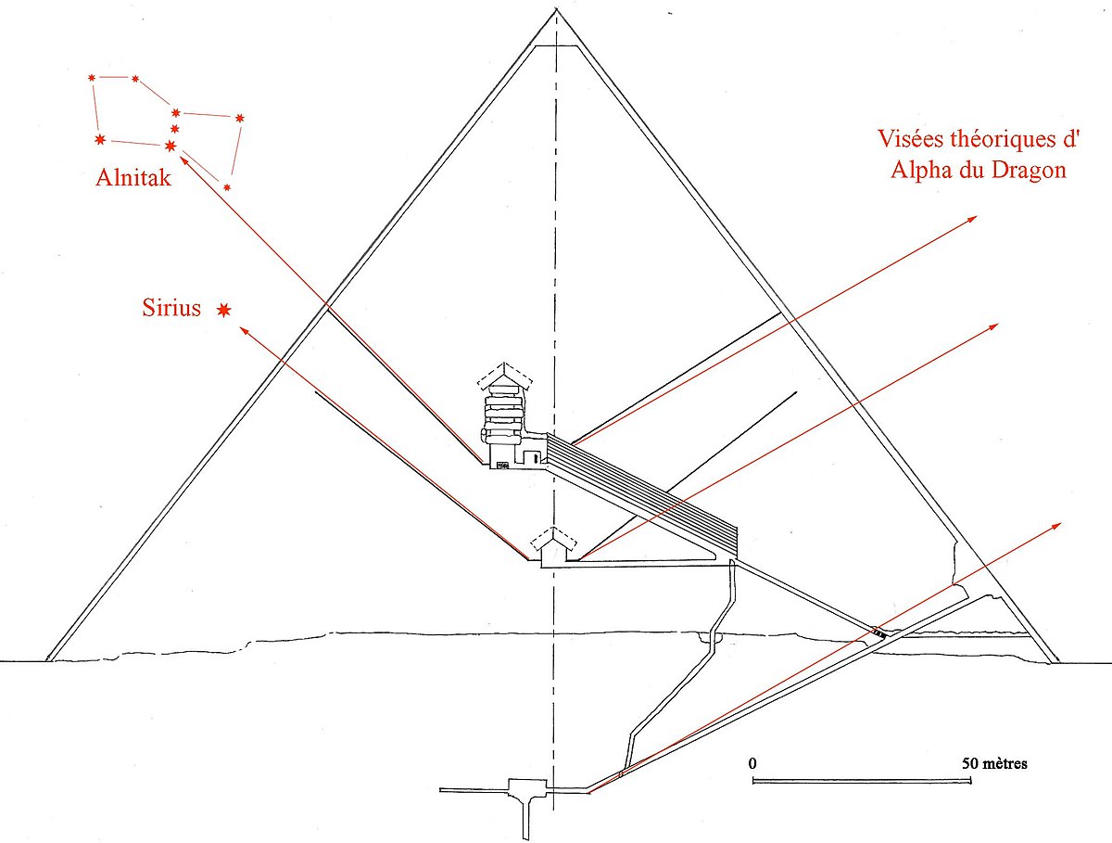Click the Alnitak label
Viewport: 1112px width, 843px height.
(x=133, y=177)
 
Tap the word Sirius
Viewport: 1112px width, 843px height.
(x=171, y=308)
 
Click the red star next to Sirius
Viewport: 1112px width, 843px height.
(x=223, y=310)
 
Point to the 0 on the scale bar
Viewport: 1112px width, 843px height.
(x=752, y=763)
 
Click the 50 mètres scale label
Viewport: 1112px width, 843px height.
(x=994, y=763)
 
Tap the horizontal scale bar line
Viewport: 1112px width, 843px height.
(x=862, y=782)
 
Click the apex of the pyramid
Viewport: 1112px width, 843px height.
(x=556, y=10)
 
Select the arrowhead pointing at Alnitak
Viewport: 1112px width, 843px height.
(x=184, y=160)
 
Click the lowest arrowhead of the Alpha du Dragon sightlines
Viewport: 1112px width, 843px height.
(x=1056, y=526)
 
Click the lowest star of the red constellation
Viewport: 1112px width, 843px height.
(x=227, y=187)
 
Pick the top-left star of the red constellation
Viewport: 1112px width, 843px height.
(x=92, y=78)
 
